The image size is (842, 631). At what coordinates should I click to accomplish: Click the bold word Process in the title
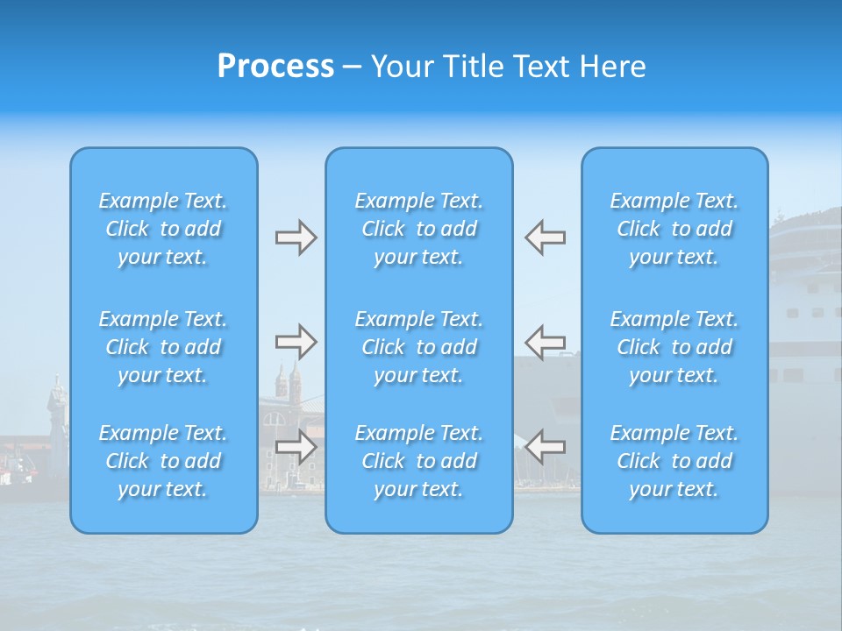pyautogui.click(x=275, y=67)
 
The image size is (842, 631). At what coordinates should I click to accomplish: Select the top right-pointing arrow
pyautogui.click(x=296, y=238)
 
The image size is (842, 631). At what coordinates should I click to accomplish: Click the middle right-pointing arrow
pyautogui.click(x=296, y=342)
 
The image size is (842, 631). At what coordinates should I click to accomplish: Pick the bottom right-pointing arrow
pyautogui.click(x=296, y=446)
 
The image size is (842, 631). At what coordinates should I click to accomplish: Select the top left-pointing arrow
pyautogui.click(x=545, y=238)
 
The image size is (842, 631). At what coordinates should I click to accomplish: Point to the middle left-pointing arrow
pyautogui.click(x=545, y=342)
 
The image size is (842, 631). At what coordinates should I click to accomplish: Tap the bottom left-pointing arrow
pyautogui.click(x=545, y=446)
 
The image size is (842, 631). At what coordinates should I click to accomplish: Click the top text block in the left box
pyautogui.click(x=163, y=229)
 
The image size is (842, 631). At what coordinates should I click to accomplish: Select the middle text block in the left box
pyautogui.click(x=163, y=347)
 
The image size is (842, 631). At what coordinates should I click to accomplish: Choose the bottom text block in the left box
pyautogui.click(x=163, y=461)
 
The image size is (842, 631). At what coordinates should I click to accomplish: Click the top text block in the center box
pyautogui.click(x=419, y=229)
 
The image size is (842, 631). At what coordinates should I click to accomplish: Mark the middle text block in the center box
pyautogui.click(x=419, y=347)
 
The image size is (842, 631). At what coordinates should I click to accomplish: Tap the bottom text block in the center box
pyautogui.click(x=419, y=461)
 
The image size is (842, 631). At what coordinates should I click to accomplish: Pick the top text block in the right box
pyautogui.click(x=674, y=229)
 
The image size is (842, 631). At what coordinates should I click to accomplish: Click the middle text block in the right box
pyautogui.click(x=674, y=347)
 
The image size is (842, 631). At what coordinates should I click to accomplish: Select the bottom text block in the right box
pyautogui.click(x=674, y=461)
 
